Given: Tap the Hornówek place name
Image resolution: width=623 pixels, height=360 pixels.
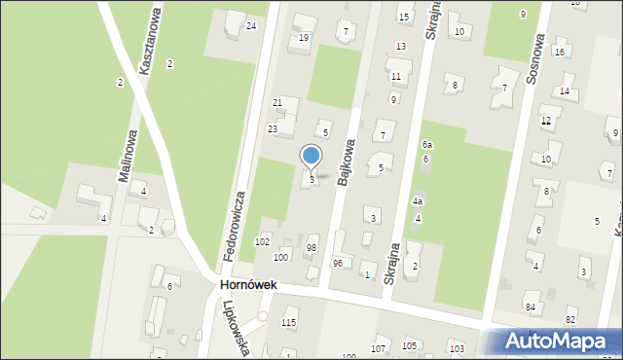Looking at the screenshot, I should [249, 285].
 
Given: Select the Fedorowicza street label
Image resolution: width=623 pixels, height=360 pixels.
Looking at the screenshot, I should [236, 226].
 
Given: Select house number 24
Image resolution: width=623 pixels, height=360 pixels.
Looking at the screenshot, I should [251, 25].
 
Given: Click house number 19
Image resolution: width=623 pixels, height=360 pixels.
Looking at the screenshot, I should [304, 38].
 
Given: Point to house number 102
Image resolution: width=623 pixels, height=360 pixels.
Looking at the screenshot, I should [262, 241].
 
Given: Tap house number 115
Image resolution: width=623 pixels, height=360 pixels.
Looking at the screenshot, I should [288, 323].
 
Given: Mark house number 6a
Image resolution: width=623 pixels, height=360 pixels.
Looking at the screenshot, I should [426, 145].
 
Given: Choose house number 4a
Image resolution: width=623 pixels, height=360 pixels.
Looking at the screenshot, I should [417, 201].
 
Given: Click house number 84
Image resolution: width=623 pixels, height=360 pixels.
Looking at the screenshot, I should [531, 308].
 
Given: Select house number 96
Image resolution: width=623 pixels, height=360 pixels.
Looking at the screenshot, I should [338, 264].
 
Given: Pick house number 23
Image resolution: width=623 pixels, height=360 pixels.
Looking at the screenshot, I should [273, 129].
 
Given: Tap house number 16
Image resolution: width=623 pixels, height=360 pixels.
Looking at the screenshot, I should [559, 52].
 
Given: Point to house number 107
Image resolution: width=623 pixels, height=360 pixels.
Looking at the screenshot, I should [379, 347].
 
